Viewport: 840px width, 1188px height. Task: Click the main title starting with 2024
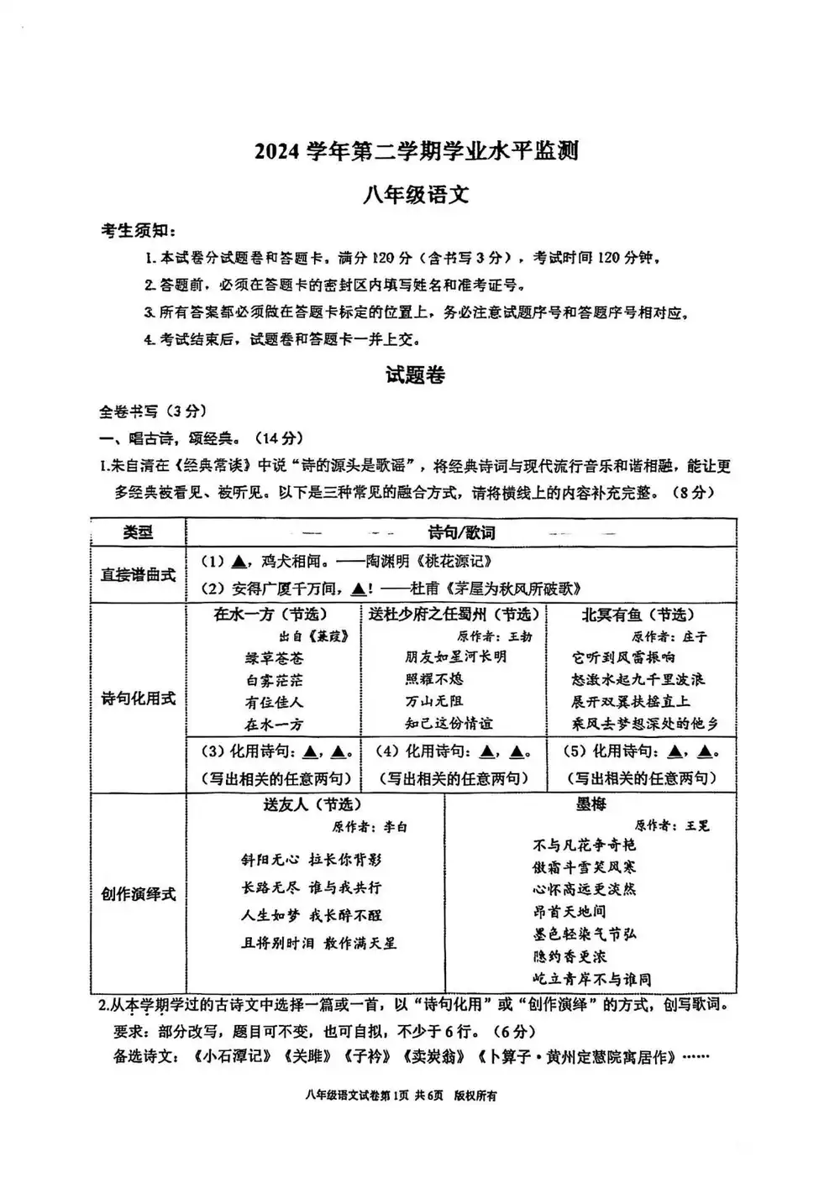417,151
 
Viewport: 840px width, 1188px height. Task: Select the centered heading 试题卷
415,375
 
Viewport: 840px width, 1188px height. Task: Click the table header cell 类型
138,533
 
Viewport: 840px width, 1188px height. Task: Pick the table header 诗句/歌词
461,533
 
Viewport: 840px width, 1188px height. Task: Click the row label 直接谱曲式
138,575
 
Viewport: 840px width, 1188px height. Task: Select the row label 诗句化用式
138,699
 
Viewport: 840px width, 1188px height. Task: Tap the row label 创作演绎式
138,894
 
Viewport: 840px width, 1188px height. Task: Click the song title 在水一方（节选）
270,615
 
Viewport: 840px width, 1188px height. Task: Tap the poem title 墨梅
591,804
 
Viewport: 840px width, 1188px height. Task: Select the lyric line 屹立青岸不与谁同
591,979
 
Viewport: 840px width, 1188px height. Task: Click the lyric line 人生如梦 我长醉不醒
311,915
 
